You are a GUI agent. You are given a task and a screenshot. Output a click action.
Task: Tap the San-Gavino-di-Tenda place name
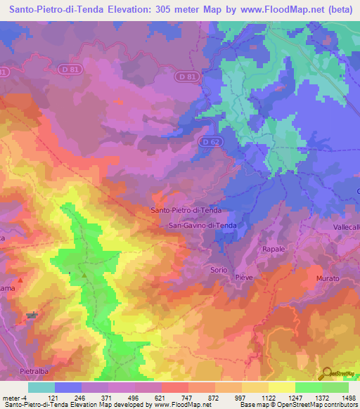(x=202, y=226)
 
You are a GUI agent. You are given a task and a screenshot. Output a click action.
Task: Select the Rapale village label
(x=273, y=249)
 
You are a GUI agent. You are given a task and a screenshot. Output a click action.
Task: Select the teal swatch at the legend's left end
(x=41, y=387)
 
